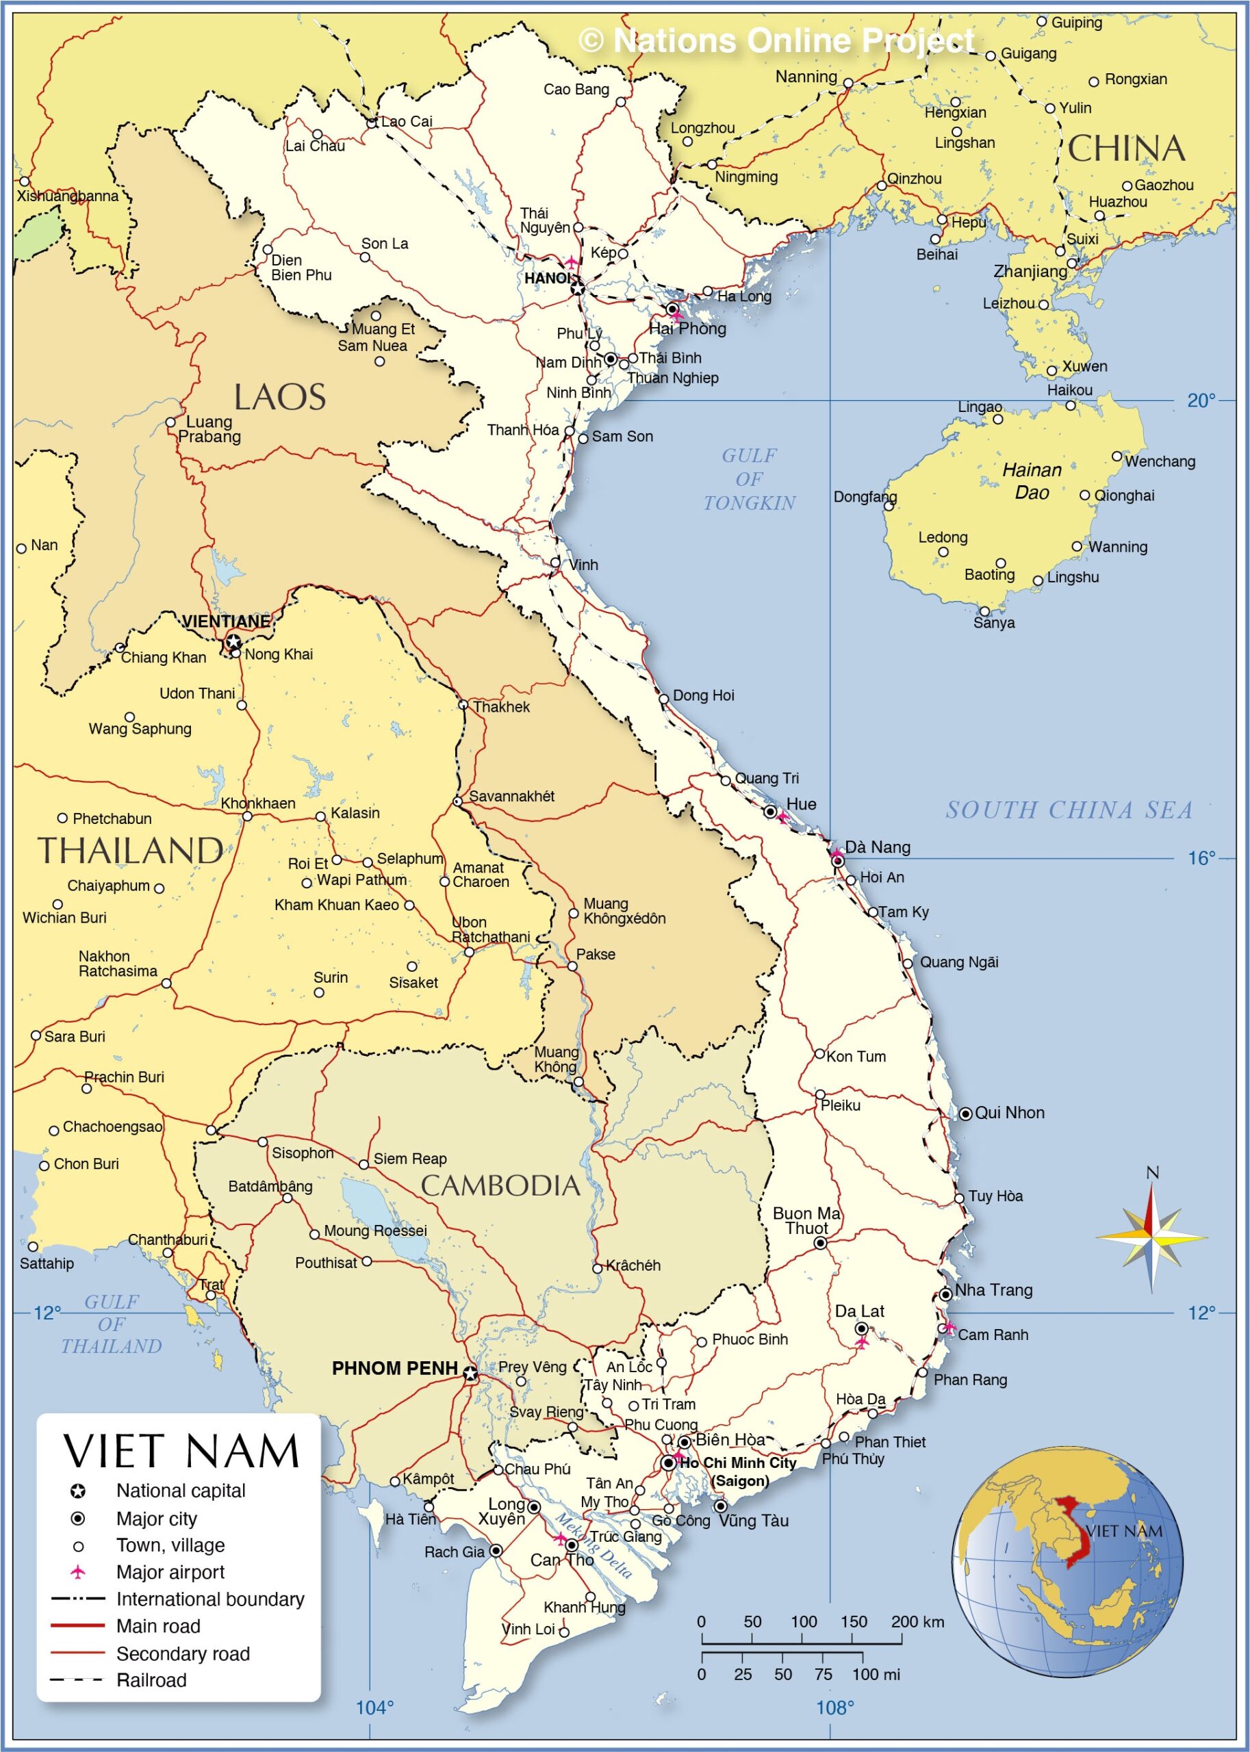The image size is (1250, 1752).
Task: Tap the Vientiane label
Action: pos(227,621)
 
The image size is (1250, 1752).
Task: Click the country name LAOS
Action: pos(279,398)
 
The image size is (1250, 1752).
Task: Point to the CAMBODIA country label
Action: pos(500,1186)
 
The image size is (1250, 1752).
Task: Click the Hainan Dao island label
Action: pos(1032,481)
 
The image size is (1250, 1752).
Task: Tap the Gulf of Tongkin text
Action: pos(749,478)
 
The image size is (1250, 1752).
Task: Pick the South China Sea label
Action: pos(1069,810)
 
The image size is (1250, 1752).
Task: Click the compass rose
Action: pos(1151,1237)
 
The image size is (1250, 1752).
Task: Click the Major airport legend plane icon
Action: pos(78,1571)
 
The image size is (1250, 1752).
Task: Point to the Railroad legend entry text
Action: pos(152,1679)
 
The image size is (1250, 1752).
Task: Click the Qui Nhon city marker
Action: pos(965,1113)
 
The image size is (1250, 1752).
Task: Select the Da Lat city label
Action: pos(860,1311)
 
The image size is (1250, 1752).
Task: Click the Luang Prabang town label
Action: pos(209,429)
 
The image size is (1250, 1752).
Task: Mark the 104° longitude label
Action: pos(375,1708)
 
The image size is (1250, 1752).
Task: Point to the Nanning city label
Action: pos(806,77)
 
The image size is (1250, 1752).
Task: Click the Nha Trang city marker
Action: pos(946,1295)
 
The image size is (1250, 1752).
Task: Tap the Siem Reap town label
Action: pos(409,1159)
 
